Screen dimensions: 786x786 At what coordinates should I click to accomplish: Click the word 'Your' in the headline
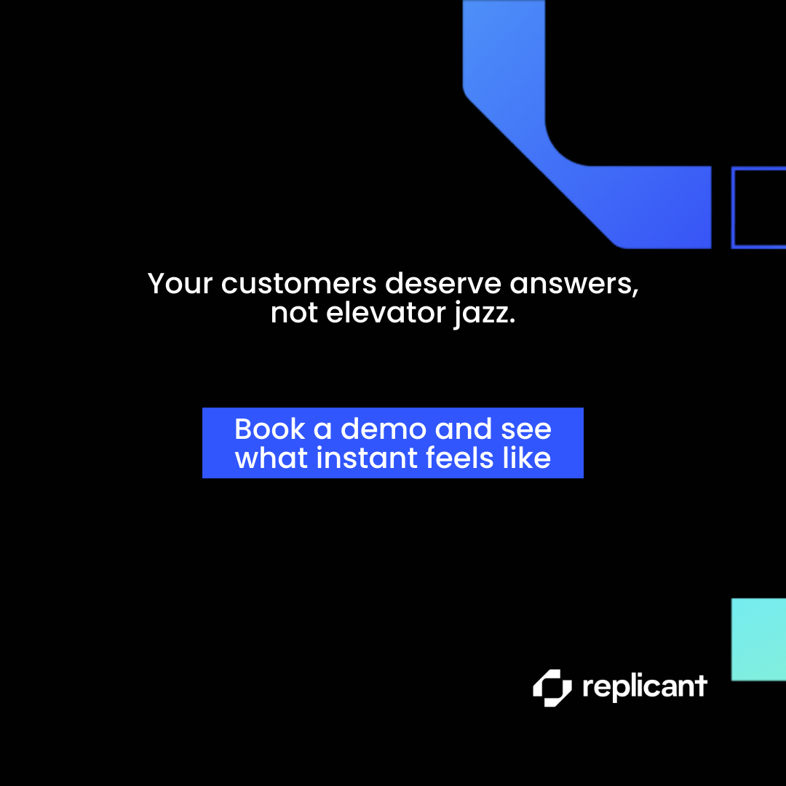(x=180, y=284)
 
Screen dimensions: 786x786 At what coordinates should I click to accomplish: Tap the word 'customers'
(x=299, y=284)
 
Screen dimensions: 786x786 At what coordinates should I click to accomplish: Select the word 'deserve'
(x=443, y=284)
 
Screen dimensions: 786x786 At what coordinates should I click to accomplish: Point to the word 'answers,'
(x=574, y=285)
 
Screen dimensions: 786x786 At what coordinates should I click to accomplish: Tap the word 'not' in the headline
(x=294, y=314)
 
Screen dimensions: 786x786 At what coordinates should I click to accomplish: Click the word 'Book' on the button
(x=270, y=429)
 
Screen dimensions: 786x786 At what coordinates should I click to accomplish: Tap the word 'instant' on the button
(x=367, y=458)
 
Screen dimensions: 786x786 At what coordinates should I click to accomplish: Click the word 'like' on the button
(x=527, y=458)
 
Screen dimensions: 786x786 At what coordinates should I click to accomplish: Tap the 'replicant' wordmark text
(x=645, y=687)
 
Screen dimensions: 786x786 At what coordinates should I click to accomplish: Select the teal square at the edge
(x=758, y=640)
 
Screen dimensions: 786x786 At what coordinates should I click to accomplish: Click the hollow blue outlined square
(x=733, y=207)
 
